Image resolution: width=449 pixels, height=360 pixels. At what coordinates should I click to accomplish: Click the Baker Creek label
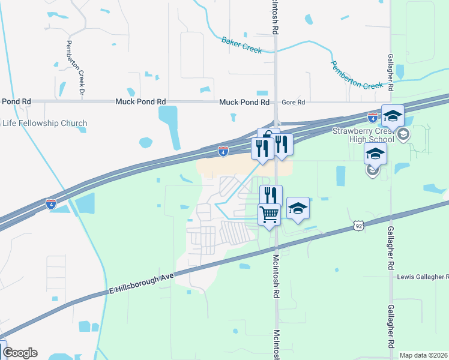tap(241, 45)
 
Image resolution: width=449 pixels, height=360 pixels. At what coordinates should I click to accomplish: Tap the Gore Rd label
tap(294, 103)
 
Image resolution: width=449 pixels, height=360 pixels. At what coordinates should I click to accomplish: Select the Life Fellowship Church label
tap(44, 124)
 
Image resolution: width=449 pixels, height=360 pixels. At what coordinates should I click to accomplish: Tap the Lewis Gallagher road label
tap(423, 277)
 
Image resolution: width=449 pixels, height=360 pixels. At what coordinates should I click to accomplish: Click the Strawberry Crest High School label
tap(364, 135)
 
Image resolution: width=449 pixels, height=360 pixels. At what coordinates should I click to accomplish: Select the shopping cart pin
tap(270, 213)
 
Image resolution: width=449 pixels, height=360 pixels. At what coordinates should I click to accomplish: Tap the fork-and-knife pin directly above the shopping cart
tap(271, 195)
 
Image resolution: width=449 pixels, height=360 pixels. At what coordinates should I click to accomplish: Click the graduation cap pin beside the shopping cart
tap(298, 208)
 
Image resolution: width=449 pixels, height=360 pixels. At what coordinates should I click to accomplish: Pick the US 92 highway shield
tap(358, 225)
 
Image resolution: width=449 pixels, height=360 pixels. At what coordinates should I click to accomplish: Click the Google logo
tap(20, 353)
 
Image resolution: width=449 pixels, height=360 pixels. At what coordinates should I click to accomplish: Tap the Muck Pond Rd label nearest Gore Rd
tap(244, 103)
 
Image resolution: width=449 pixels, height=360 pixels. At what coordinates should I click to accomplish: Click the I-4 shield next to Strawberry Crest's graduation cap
tap(373, 117)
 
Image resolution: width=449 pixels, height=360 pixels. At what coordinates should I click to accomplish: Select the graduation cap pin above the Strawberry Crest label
tap(393, 115)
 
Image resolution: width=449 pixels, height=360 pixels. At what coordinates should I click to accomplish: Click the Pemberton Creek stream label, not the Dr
tap(357, 74)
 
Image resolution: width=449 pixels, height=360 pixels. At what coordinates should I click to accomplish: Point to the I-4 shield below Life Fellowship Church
tap(52, 203)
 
